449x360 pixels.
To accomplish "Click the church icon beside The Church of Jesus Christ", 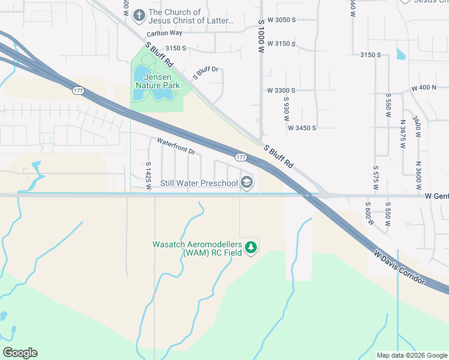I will tap(139, 14).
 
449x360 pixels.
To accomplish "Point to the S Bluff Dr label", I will tap(205, 73).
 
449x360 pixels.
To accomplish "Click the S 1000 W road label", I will tap(261, 37).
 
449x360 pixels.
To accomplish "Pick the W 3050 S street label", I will tap(282, 20).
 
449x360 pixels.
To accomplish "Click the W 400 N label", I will tap(424, 88).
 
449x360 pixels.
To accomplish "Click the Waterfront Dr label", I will tap(176, 146).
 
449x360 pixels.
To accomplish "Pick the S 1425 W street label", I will tap(148, 175).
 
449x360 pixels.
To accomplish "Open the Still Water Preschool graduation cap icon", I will tap(247, 182).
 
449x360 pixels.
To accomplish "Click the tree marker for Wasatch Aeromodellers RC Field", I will tap(251, 247).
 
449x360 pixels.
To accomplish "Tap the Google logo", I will tap(20, 353).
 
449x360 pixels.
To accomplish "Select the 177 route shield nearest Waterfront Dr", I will tap(241, 157).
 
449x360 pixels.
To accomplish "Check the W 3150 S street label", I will tap(282, 44).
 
